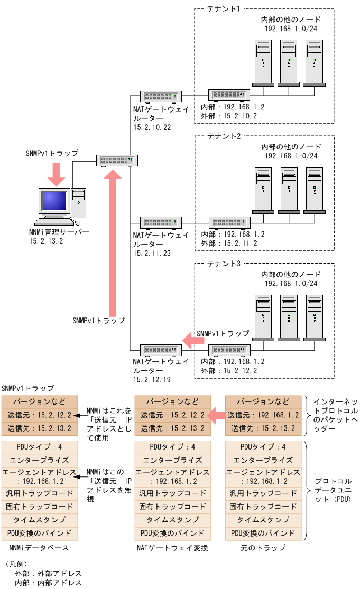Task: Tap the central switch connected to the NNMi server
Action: (116, 160)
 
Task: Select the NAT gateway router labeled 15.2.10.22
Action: (161, 96)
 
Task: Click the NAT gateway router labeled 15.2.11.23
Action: (161, 222)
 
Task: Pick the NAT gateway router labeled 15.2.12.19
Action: (161, 350)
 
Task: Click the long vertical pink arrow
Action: (112, 243)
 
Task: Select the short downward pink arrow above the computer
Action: (56, 174)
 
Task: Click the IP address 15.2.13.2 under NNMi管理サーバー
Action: (47, 241)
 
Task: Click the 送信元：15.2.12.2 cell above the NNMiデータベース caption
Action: (40, 415)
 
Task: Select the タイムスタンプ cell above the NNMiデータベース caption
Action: (40, 520)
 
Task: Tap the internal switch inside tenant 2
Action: (229, 222)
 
